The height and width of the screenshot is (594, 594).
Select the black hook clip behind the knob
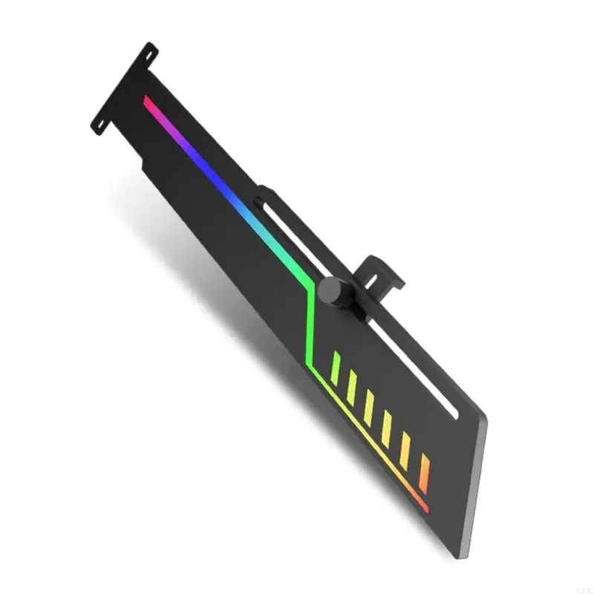(382, 275)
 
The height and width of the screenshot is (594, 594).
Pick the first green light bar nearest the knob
(336, 368)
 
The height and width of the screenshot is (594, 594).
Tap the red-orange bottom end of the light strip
(425, 509)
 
